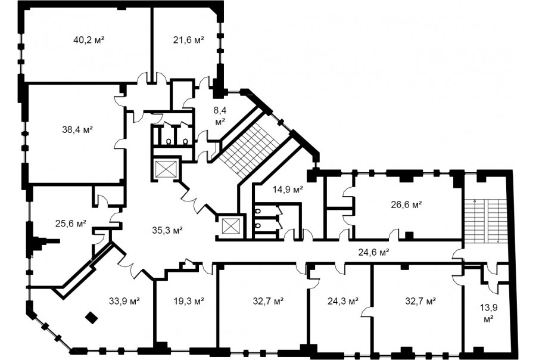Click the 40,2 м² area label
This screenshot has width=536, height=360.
89,41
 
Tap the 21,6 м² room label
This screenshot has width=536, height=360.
188,41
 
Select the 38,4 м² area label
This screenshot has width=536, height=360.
77,130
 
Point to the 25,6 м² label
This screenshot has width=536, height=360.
70,224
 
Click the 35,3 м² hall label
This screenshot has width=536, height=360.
167,230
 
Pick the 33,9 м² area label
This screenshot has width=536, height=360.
124,302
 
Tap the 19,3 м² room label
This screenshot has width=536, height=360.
188,302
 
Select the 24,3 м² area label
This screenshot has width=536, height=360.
343,302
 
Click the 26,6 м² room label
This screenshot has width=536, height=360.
406,205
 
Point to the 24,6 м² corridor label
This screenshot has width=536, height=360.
373,253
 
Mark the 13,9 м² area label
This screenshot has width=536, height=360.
488,313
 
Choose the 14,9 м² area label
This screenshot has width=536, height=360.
288,190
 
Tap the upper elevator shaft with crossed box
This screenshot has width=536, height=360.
166,169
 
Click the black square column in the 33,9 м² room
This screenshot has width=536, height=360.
91,318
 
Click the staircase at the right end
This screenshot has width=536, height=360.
485,221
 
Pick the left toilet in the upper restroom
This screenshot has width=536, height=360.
169,141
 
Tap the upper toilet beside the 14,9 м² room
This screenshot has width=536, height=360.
258,212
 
